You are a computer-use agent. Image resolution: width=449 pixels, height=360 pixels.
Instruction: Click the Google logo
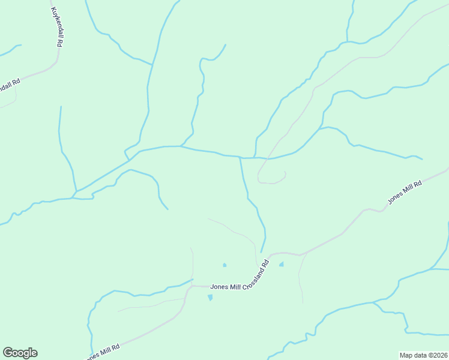[20, 353]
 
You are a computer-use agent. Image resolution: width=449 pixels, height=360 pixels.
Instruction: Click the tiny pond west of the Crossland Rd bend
[224, 265]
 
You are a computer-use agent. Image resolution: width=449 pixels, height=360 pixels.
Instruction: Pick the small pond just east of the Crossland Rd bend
[281, 264]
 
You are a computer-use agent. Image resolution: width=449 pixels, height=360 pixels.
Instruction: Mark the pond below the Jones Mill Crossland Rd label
[210, 298]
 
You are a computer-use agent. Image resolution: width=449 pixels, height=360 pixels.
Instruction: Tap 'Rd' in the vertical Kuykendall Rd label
[60, 43]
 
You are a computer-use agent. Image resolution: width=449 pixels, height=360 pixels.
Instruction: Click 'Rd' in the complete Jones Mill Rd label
[418, 183]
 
